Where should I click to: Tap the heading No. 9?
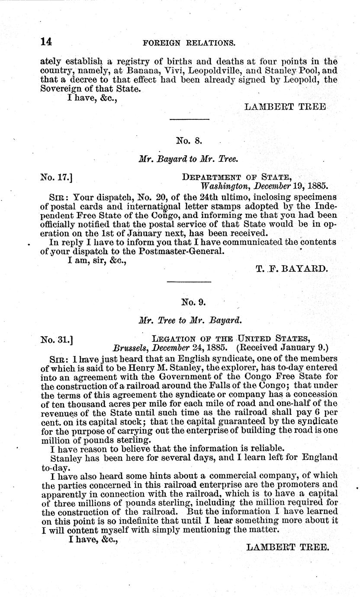click(x=189, y=302)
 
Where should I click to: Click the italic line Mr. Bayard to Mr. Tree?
click(x=188, y=159)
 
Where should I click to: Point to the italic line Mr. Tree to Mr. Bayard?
click(x=190, y=321)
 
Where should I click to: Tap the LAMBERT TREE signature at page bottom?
click(x=287, y=547)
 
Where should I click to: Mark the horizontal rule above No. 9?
click(x=189, y=282)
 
